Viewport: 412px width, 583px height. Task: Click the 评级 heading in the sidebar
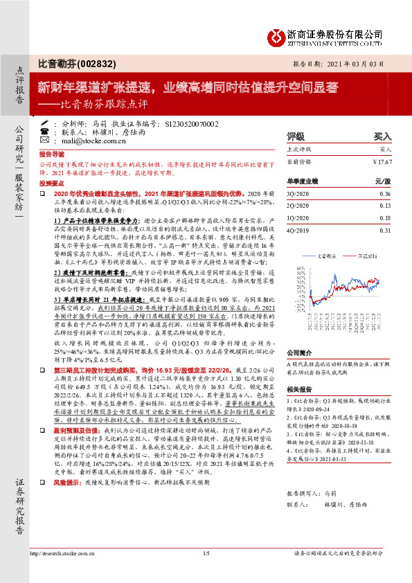pyautogui.click(x=296, y=136)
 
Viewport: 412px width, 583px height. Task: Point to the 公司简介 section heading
pyautogui.click(x=299, y=352)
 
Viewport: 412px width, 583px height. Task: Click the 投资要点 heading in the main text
pyautogui.click(x=51, y=183)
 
